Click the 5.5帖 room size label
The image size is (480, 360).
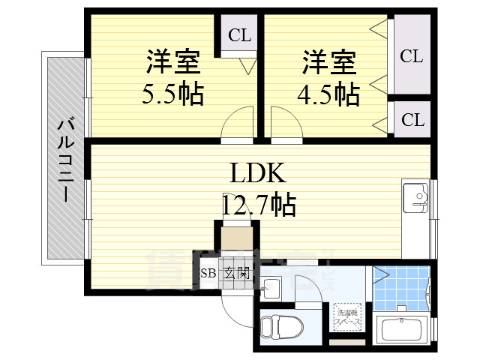173,94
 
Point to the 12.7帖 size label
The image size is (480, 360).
258,203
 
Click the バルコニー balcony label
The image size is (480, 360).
65,158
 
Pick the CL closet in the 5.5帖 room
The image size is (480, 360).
239,35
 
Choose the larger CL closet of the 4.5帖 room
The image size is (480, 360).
411,56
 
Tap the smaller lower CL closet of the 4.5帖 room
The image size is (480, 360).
411,120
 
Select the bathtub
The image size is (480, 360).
403,330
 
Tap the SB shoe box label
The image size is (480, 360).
208,274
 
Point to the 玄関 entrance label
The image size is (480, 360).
236,274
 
